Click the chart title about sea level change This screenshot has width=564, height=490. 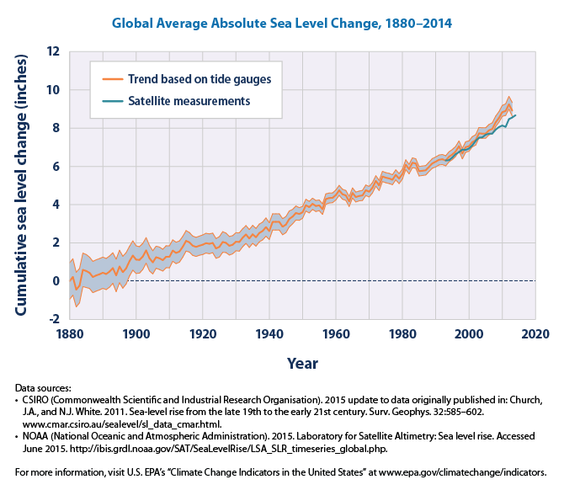(282, 23)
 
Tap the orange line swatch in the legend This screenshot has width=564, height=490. (112, 79)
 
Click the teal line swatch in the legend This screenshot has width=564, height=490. (112, 100)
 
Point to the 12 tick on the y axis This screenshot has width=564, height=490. (53, 51)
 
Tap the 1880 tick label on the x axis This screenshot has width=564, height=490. (69, 334)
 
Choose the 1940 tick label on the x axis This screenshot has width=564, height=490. (269, 334)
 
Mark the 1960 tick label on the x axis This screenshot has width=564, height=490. (336, 334)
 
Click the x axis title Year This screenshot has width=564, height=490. (302, 364)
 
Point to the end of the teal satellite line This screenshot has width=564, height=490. (516, 115)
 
